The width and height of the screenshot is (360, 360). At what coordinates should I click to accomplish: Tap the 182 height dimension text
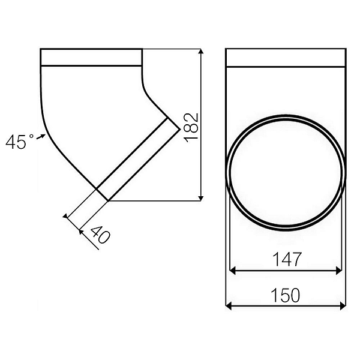tap(191, 126)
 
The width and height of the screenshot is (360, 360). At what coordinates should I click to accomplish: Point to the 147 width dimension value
tap(286, 259)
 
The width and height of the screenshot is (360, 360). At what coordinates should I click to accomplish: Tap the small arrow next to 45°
tap(41, 137)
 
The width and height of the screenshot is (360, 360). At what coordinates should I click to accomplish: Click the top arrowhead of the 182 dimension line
tap(200, 53)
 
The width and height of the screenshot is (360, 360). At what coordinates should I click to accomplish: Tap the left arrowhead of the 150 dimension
tap(230, 307)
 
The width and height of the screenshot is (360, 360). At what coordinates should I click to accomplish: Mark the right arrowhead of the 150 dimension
tap(343, 307)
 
